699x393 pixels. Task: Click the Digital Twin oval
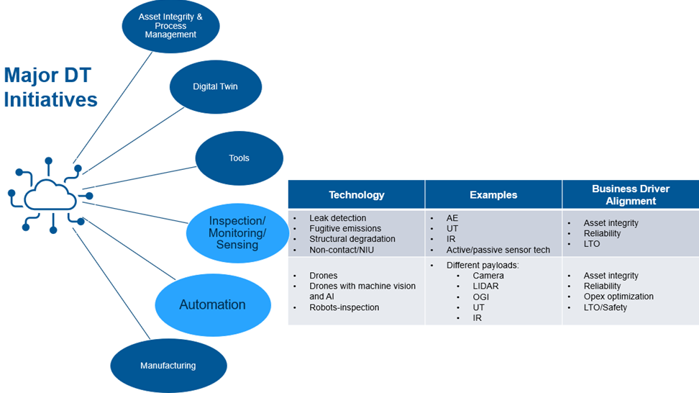215,86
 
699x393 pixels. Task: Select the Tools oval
239,158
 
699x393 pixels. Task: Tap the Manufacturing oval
168,366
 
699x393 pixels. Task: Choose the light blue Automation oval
212,304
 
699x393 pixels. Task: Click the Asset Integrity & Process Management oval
170,25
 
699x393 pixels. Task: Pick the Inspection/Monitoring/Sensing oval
237,232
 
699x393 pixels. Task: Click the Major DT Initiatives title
50,87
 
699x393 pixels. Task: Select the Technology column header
356,195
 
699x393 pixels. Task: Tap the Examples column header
493,195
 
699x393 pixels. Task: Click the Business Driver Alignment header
630,195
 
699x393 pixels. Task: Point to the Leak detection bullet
337,218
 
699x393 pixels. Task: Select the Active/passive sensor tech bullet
498,250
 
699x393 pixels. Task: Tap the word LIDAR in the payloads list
485,286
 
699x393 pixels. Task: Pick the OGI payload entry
480,297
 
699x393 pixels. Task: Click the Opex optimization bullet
618,297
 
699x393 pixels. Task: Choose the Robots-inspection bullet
344,307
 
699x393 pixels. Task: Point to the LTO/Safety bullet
605,307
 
